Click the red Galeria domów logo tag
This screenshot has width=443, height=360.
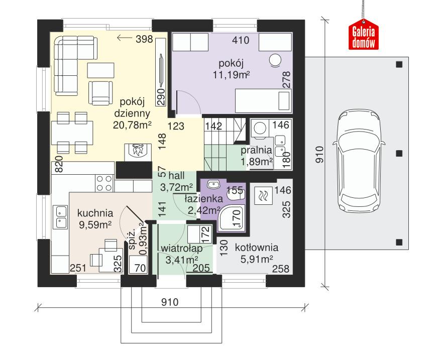click(x=363, y=36)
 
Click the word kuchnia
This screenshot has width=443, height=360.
click(x=95, y=212)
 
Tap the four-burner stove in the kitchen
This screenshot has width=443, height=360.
click(x=104, y=183)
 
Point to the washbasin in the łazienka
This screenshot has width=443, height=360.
click(x=212, y=184)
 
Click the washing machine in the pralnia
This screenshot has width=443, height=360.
click(x=260, y=129)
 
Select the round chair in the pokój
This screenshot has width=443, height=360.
click(x=275, y=60)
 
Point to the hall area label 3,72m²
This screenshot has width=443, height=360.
click(x=173, y=187)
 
